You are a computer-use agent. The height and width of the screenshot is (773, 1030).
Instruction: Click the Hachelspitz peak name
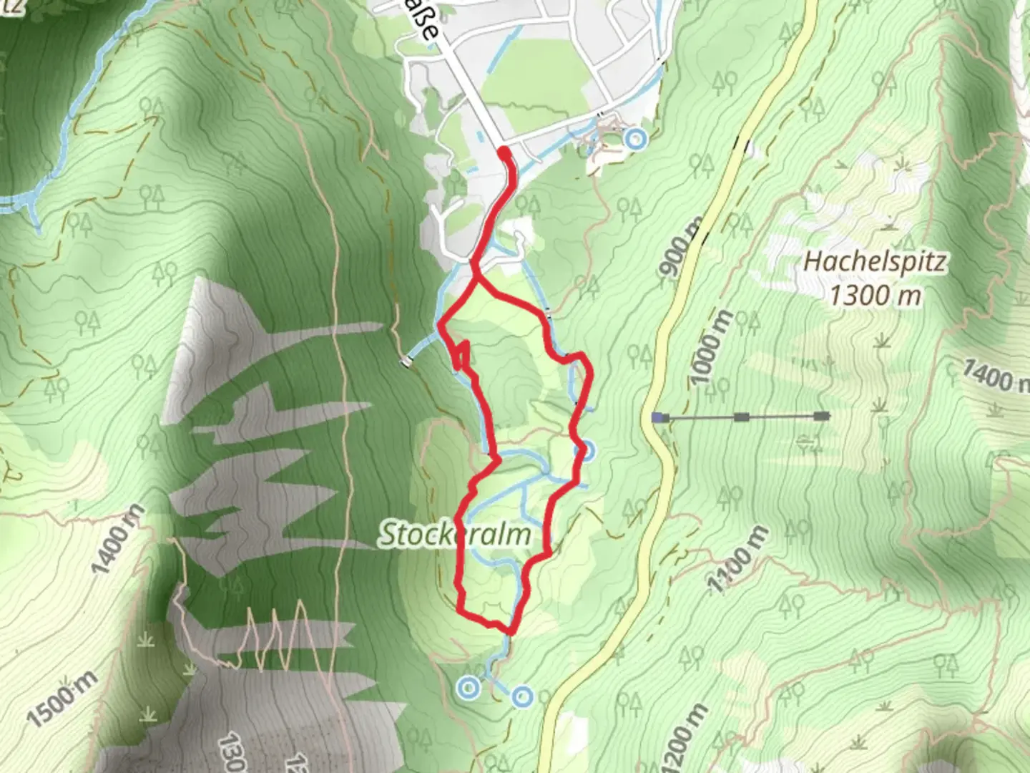(874, 262)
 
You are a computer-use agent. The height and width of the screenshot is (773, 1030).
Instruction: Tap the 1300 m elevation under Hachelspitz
(874, 294)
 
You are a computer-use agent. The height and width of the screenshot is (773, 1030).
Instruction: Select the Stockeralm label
(455, 535)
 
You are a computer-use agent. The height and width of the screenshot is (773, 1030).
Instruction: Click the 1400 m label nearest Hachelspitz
(994, 375)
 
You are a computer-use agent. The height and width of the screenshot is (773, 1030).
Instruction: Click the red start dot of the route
(504, 152)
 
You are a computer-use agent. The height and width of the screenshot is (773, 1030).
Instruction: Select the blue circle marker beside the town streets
(634, 137)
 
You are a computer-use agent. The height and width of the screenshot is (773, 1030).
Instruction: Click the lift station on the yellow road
(657, 417)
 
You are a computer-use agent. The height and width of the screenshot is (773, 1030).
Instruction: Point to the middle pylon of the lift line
(742, 417)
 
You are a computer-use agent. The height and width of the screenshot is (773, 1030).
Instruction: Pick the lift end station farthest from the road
(823, 416)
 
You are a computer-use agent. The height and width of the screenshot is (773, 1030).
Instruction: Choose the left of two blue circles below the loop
(468, 689)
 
